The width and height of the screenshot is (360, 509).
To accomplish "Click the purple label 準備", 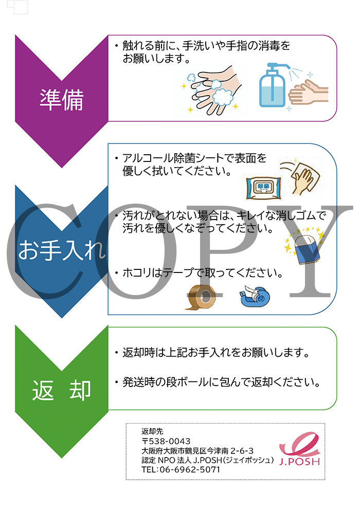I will click(x=61, y=100).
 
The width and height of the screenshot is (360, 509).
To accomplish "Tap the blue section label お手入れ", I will click(x=61, y=250).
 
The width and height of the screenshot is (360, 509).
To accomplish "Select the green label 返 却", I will click(x=61, y=390).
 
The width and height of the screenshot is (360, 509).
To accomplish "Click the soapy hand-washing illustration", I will click(x=211, y=90).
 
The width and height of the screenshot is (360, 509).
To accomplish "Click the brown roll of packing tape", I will click(x=200, y=297).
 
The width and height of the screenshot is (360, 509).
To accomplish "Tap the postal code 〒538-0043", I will click(x=166, y=441).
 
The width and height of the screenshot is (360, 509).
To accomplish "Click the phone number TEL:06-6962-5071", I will click(x=181, y=469).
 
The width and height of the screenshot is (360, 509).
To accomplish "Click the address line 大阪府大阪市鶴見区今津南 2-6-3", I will click(x=197, y=451).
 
